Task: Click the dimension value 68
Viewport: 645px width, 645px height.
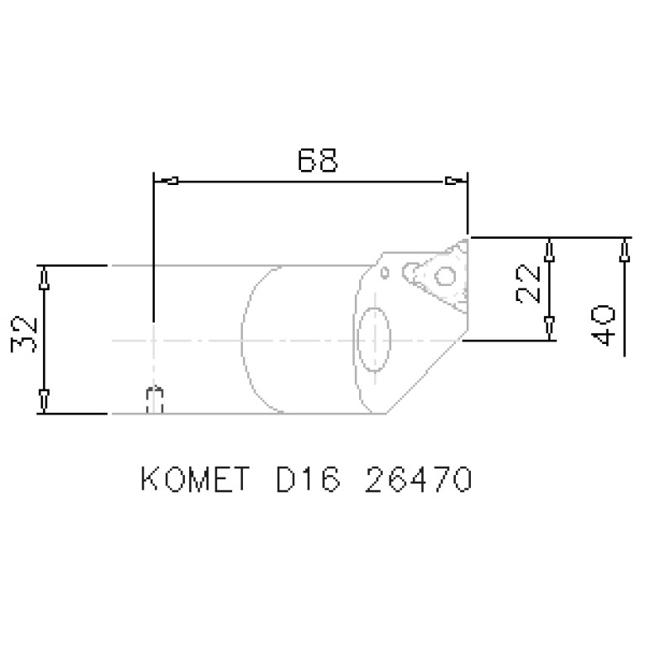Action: [x=318, y=160]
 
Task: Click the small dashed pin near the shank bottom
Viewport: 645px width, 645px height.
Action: [x=154, y=399]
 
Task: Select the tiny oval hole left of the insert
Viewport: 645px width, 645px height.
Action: [x=384, y=273]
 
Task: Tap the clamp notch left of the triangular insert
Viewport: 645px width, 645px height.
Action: [x=411, y=270]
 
